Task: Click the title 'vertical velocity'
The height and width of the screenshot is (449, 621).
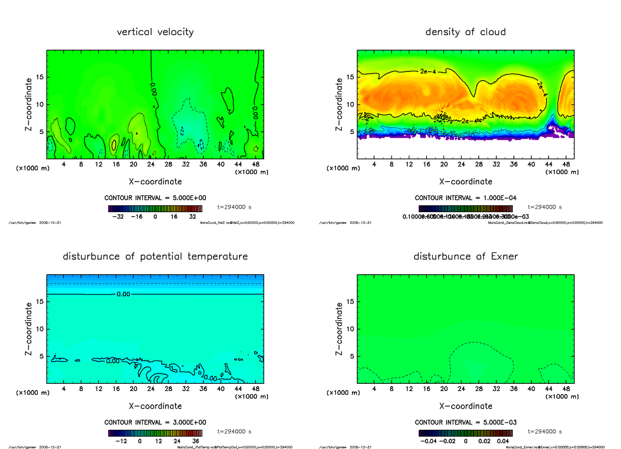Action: point(155,32)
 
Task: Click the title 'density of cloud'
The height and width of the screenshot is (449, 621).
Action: point(465,32)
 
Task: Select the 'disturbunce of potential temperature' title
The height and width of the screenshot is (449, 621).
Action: point(155,257)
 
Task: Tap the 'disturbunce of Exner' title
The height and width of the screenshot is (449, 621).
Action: point(465,257)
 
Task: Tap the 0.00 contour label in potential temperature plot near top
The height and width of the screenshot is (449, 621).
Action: point(115,294)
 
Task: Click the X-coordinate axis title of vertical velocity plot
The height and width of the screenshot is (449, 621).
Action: point(155,182)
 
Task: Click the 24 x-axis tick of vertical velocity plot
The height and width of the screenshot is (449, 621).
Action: point(151,165)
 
